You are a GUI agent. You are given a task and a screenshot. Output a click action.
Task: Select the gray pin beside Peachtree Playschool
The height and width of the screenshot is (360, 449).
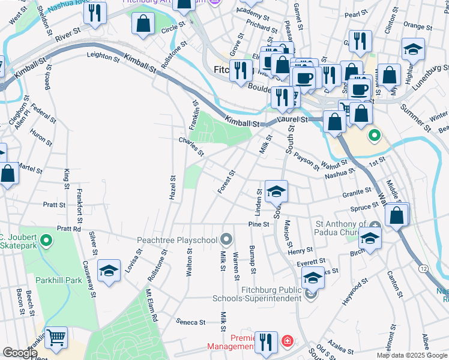point(226,240)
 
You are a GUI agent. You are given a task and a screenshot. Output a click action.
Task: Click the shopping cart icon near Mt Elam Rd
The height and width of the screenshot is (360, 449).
point(56,339)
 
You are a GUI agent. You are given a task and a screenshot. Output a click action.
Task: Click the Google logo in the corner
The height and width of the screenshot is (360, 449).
point(20,353)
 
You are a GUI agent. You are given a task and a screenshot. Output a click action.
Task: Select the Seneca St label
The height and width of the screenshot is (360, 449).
point(191,322)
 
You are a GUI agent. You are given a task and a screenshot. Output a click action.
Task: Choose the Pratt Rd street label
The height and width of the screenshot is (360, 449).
point(68,229)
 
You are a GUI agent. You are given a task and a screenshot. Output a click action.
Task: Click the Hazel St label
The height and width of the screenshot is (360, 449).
point(173,188)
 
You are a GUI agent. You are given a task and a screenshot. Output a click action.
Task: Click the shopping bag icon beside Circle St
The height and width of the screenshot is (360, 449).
point(143,24)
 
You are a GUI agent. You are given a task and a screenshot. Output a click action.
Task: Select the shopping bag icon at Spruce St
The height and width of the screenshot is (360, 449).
point(397,214)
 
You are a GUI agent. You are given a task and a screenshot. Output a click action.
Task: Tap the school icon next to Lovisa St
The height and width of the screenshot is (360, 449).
point(109,271)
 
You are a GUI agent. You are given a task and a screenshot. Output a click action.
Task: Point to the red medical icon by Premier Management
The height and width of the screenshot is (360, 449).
point(288,341)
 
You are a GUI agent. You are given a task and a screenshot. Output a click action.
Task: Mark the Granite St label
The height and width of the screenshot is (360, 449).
point(358,193)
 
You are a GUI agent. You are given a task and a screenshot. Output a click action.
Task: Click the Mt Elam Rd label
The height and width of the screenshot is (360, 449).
point(151,305)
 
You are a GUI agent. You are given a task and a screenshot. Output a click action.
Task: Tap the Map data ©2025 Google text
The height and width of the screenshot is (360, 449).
point(412,355)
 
